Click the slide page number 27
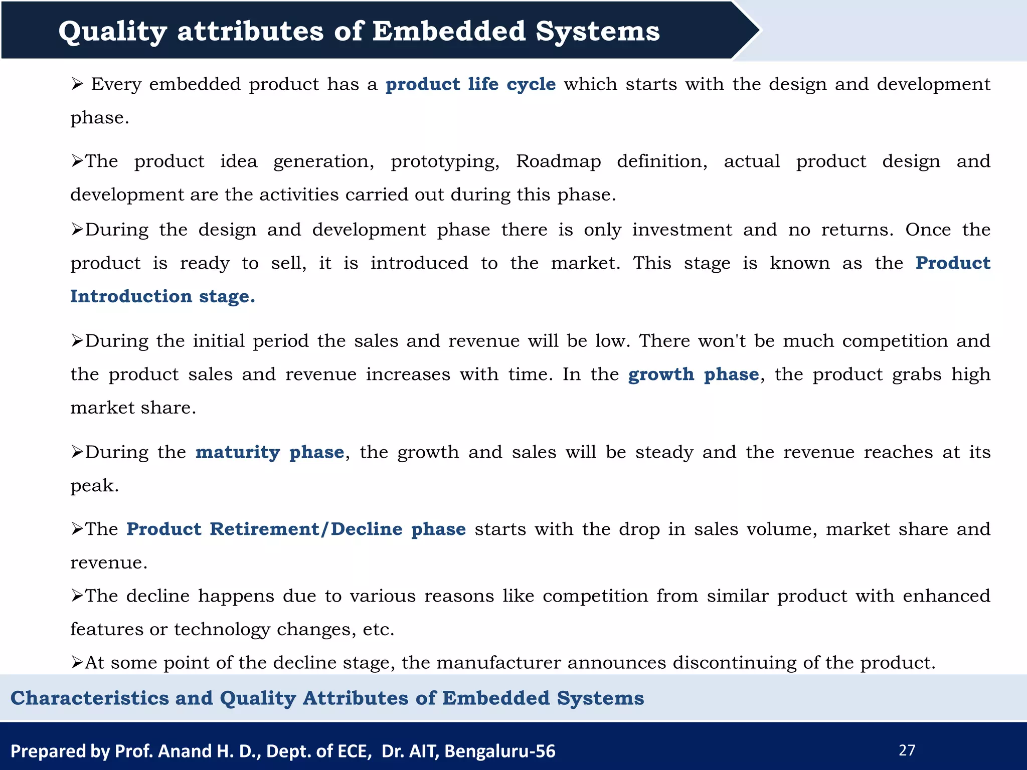907,750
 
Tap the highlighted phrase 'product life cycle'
470,84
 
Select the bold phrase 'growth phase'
694,374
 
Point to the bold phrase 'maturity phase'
270,452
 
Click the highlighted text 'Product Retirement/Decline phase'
296,529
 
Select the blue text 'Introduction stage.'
162,296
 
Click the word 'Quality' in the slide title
112,31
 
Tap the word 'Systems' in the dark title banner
598,31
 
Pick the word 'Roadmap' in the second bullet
559,161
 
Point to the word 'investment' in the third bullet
682,230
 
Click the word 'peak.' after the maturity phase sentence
95,486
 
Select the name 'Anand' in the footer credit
185,751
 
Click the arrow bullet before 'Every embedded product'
77,84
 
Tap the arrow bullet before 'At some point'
77,663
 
